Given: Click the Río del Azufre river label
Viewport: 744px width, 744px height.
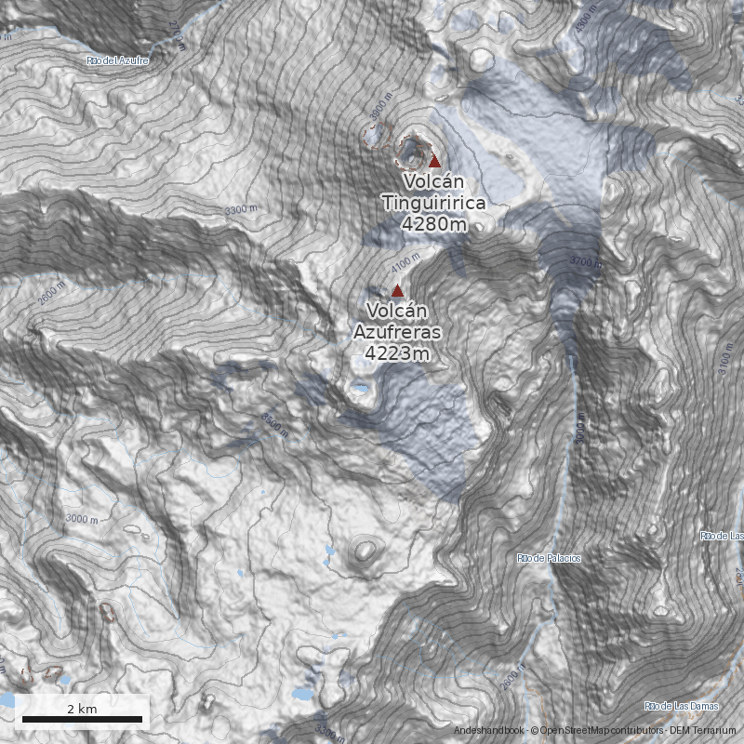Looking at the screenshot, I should [117, 60].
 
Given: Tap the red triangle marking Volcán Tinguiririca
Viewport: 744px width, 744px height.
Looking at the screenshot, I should [434, 161].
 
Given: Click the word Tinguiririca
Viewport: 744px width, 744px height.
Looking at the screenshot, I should [434, 203].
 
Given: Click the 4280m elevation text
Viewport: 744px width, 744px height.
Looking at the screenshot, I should [434, 224].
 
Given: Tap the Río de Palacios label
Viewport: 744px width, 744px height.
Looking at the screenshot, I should [549, 558].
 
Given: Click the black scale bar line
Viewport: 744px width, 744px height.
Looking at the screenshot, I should [82, 719].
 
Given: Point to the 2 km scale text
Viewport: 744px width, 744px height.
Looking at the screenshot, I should [82, 709].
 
